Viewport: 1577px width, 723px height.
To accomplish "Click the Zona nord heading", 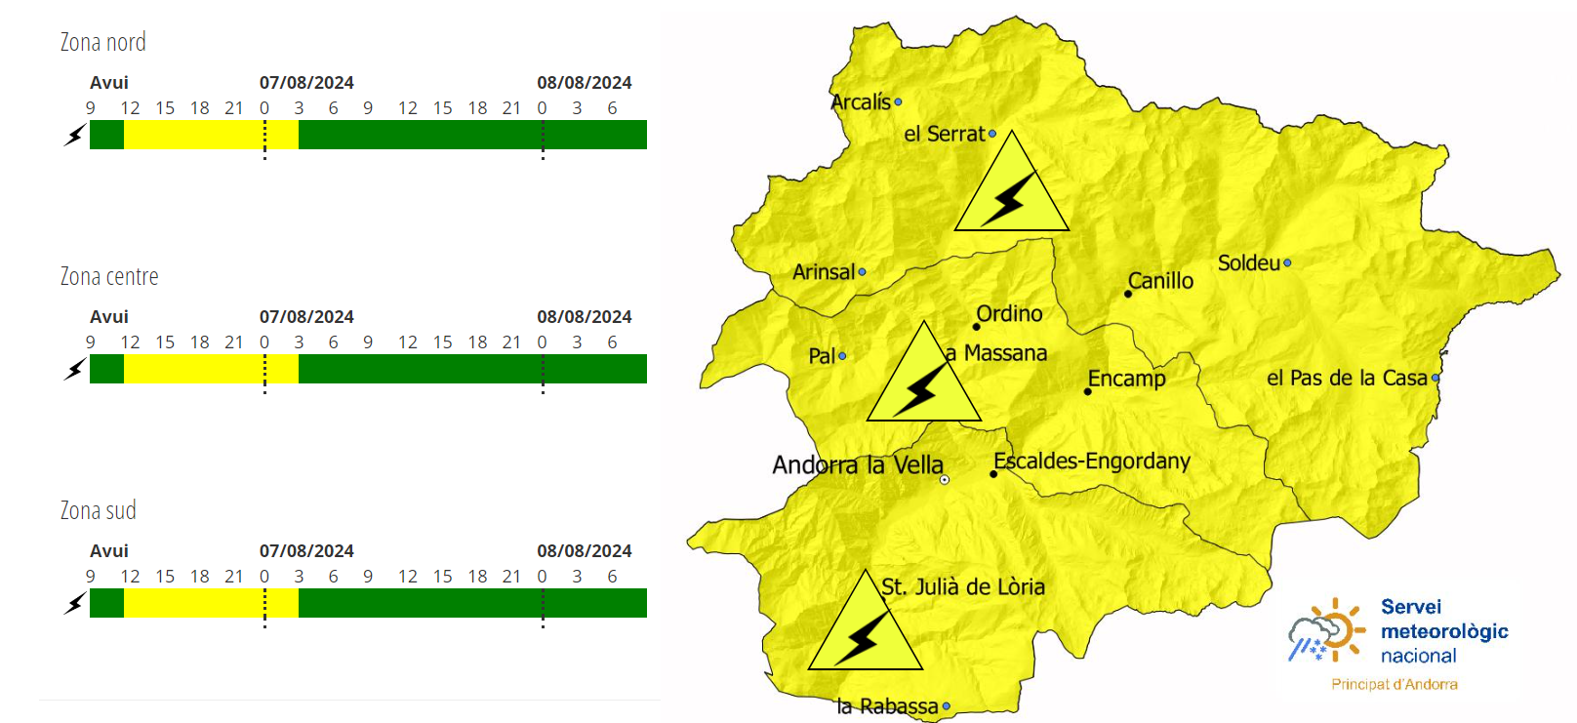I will coord(102,42).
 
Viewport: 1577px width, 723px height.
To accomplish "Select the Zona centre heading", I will coord(109,276).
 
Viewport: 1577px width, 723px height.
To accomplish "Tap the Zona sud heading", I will coord(98,510).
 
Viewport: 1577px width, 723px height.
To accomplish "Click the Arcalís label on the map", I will coord(861,101).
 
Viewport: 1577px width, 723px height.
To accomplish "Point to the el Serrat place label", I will coord(944,134).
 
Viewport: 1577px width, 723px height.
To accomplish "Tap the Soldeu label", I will coord(1248,262).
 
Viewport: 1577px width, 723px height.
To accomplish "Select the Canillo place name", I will coord(1160,281).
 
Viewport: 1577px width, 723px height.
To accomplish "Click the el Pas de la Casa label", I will coord(1347,378).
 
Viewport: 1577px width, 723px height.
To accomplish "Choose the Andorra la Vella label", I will coord(858,465).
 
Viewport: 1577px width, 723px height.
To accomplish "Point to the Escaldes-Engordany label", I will coord(1092,461).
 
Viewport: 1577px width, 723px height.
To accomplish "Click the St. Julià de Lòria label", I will coord(963,586).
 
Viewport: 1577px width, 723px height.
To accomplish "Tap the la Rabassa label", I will coord(887,705).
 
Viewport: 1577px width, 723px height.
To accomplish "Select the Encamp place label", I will coord(1127,379).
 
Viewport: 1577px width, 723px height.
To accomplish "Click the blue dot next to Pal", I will coord(842,356).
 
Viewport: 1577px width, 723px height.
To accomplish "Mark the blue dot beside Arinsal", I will coord(862,272).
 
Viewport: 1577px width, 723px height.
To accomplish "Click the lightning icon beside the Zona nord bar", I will coord(75,135).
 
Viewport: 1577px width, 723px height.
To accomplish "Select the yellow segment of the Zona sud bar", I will coord(211,603).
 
